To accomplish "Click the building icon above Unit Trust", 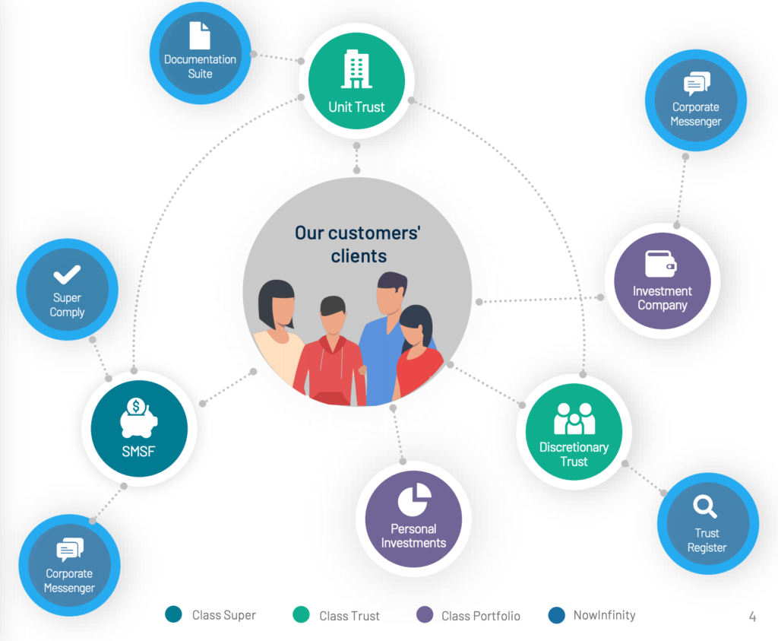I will tap(356, 69).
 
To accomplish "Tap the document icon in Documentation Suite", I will tap(200, 35).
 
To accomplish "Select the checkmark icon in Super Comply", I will tap(67, 276).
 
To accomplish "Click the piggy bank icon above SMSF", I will tap(138, 418).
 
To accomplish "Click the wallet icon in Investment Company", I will tap(661, 264).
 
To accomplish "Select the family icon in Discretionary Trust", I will tap(574, 418).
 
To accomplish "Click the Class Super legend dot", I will tap(173, 614).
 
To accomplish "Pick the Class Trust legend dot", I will tap(301, 614).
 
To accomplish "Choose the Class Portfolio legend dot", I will tap(425, 614).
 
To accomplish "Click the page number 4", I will tap(752, 617).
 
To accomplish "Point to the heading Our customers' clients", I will tap(358, 243).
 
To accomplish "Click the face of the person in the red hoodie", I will tap(333, 322).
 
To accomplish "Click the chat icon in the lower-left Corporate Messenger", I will tap(69, 549).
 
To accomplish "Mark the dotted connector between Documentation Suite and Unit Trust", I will tap(276, 59).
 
